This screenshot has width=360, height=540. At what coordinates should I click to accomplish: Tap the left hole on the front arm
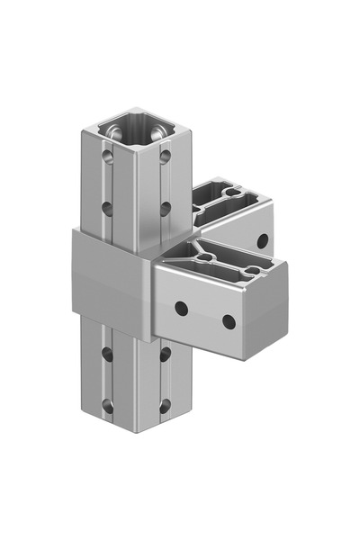[182, 308]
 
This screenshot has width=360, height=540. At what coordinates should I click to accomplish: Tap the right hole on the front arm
[229, 321]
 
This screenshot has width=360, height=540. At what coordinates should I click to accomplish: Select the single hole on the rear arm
[263, 240]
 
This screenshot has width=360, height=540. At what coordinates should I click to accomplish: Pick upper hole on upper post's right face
[166, 157]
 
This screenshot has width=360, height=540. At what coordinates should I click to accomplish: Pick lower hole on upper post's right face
[166, 208]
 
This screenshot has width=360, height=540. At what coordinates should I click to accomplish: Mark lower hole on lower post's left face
[108, 405]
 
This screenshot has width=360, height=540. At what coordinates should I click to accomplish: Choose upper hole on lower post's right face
[166, 354]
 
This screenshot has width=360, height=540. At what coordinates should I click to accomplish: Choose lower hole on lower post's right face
[166, 405]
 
